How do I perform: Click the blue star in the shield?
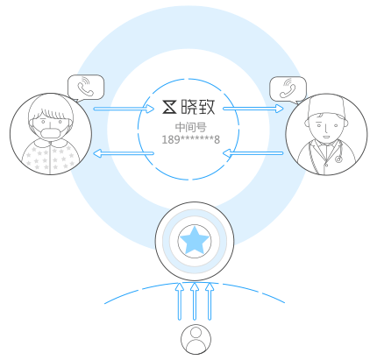coord(195,240)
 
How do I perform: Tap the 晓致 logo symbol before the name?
coord(169,107)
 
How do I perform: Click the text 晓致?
coord(198,107)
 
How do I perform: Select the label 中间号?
coord(191,127)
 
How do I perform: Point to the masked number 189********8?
coord(191,139)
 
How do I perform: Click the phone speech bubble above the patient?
coord(86,88)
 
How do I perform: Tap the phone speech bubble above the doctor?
coord(288,89)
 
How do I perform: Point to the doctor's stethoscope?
coord(339,152)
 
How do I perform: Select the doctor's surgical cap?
coord(326,107)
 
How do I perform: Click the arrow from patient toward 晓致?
coord(124,109)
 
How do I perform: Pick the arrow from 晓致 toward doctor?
coord(253,109)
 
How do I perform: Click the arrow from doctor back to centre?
coord(253,153)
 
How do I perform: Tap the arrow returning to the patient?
coord(124,153)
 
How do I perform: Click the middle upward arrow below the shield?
coord(195,301)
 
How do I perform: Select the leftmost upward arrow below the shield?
coord(180,301)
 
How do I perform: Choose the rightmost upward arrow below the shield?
coord(210,301)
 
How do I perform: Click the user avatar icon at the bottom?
coord(196,339)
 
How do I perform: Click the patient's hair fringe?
coord(52,113)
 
